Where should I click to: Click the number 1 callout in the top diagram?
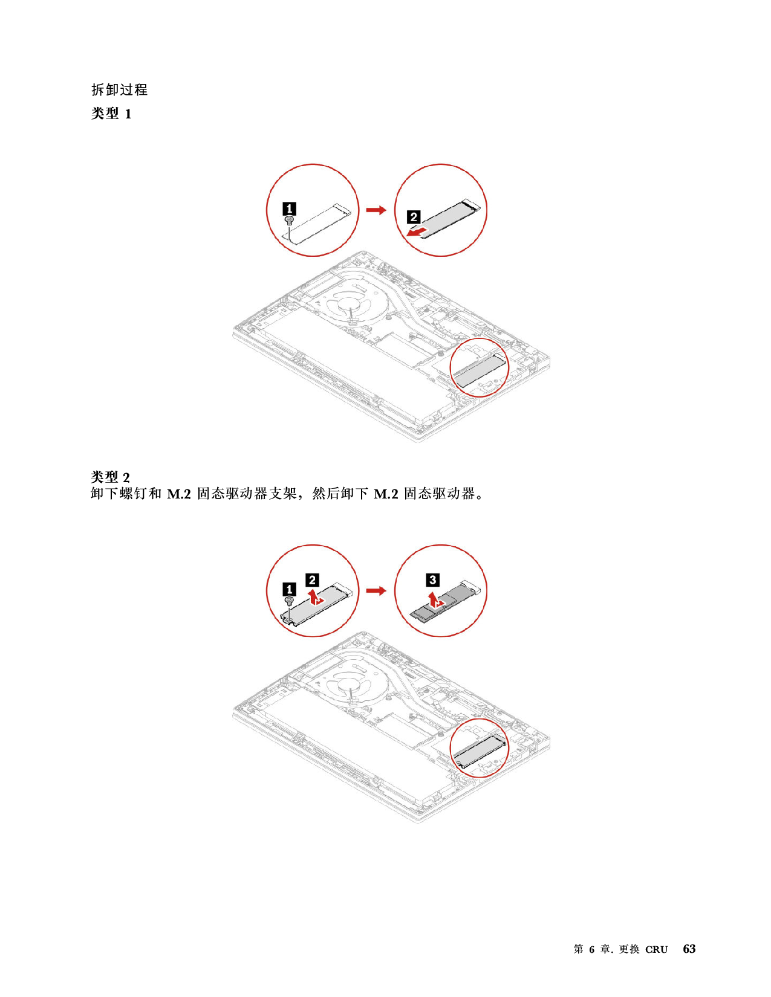tap(290, 209)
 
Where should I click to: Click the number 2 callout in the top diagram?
tap(414, 217)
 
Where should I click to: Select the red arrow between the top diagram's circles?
tap(376, 210)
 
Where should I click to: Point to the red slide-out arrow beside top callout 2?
tap(415, 232)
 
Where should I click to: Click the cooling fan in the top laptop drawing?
tap(350, 305)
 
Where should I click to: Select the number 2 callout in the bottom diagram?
tap(312, 580)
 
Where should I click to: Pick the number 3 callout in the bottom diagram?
tap(433, 580)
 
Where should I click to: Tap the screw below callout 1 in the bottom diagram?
tap(289, 601)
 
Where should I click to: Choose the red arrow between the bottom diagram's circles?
tap(376, 590)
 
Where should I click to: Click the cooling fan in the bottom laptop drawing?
tap(350, 686)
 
